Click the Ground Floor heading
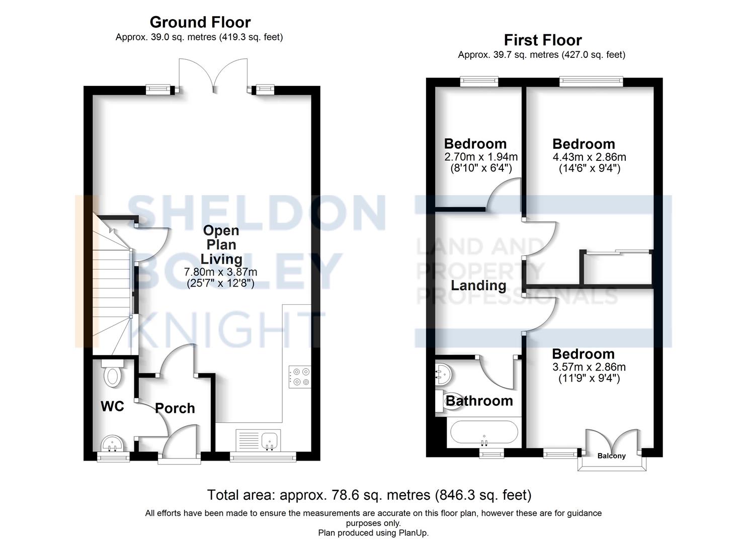tap(200, 22)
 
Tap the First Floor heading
tap(542, 40)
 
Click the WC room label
tap(112, 406)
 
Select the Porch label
tap(175, 408)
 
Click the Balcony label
tap(611, 456)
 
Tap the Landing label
tap(478, 286)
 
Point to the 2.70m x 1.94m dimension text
tap(481, 157)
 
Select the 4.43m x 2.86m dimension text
tap(589, 157)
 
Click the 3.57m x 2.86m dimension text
tap(589, 367)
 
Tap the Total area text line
tap(369, 495)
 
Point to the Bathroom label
tap(479, 401)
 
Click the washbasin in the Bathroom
tap(444, 373)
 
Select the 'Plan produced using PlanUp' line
tap(373, 532)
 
